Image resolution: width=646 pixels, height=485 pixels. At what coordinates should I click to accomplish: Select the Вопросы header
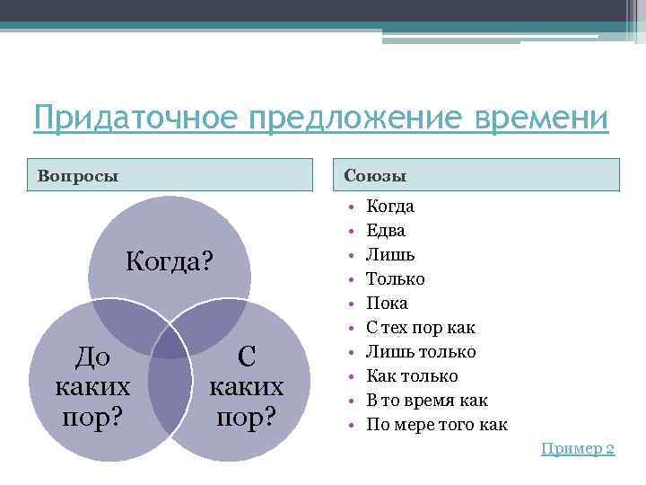click(x=78, y=174)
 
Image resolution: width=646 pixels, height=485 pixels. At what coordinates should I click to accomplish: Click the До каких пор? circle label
click(x=92, y=388)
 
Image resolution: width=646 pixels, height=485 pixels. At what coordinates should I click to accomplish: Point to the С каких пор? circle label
click(x=246, y=388)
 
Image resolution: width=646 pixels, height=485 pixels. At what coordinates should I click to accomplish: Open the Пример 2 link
click(x=577, y=448)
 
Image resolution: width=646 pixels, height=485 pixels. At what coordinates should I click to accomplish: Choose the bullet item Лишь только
click(x=421, y=352)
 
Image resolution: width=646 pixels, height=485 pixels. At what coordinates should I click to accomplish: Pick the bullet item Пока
click(x=387, y=304)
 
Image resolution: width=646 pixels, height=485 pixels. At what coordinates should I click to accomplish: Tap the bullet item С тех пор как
click(x=421, y=328)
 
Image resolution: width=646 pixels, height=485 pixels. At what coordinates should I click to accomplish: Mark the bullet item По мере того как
click(x=436, y=425)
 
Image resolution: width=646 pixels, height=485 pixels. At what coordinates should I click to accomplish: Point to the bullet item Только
click(x=396, y=279)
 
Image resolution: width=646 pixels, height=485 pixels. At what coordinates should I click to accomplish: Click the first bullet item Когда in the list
click(x=390, y=207)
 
